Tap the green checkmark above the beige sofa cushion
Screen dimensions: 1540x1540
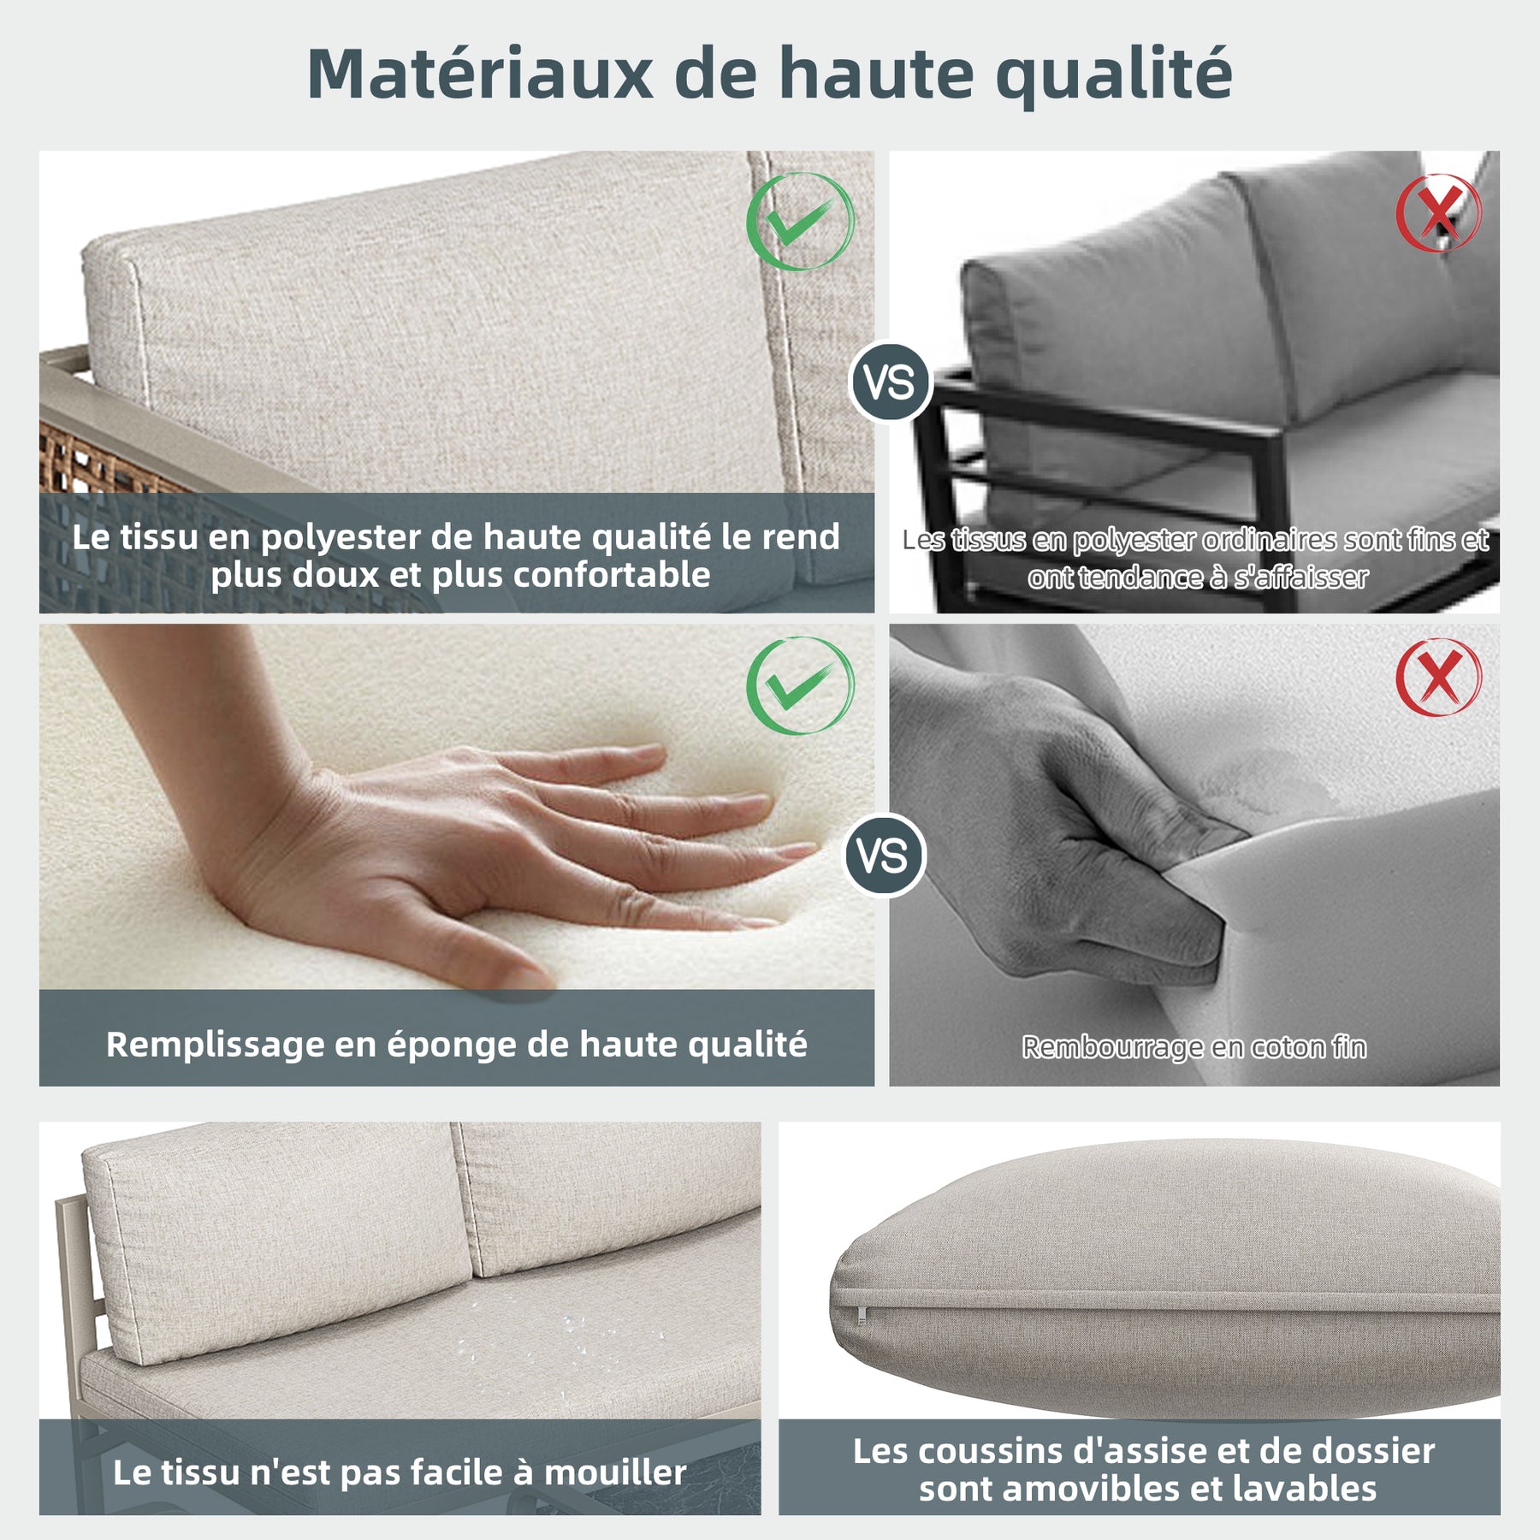click(800, 222)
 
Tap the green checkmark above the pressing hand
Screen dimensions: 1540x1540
click(800, 685)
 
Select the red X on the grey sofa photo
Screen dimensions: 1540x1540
click(1439, 213)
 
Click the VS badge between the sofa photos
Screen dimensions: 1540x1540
click(890, 382)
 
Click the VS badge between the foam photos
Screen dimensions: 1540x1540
click(884, 856)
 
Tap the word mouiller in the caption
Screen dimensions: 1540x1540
click(614, 1472)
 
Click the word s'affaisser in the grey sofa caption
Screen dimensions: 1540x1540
click(1300, 577)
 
